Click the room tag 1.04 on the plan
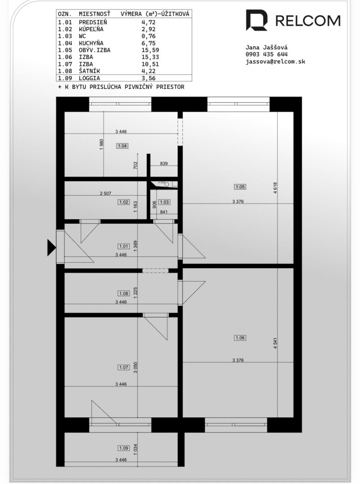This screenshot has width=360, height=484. click(x=123, y=146)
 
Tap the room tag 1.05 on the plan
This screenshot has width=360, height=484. click(x=240, y=187)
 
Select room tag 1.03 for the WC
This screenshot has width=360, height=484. click(x=164, y=202)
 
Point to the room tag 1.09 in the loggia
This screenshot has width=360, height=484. click(x=124, y=448)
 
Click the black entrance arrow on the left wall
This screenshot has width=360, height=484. click(x=51, y=247)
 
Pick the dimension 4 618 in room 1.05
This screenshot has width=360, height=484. click(x=275, y=188)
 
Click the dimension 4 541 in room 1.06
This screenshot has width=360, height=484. click(x=275, y=343)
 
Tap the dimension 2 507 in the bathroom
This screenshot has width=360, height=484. click(x=106, y=194)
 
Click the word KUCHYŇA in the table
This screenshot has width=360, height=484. click(x=91, y=43)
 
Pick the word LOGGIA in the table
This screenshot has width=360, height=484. click(x=90, y=78)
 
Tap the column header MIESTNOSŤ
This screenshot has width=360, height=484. click(x=94, y=14)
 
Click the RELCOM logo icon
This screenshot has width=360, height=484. click(x=257, y=20)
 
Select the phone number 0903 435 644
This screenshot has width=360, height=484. click(x=266, y=54)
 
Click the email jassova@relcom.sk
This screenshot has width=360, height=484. click(x=275, y=61)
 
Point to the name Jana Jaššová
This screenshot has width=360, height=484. click(x=266, y=47)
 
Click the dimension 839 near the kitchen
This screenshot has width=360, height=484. click(x=164, y=163)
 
